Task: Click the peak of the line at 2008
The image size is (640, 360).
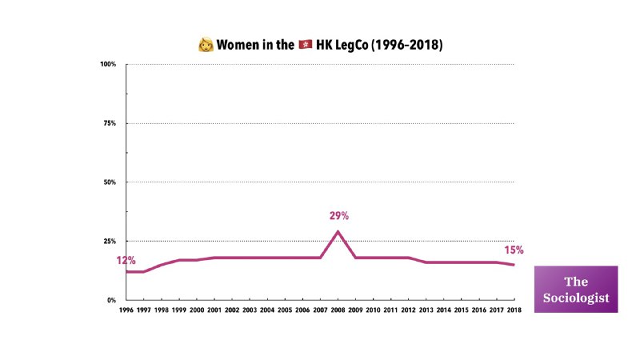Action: (338, 231)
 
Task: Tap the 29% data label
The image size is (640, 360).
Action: (339, 215)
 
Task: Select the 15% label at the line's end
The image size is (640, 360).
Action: (514, 250)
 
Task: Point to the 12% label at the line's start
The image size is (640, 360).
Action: (126, 261)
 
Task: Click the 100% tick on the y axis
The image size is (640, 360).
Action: (109, 64)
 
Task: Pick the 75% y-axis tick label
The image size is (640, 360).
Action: (110, 123)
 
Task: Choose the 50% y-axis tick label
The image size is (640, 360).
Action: (110, 182)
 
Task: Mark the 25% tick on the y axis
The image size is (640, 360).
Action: (110, 241)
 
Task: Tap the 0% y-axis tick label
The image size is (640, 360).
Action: (112, 300)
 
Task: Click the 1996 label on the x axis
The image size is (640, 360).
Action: (126, 310)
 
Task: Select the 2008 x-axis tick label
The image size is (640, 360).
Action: (337, 310)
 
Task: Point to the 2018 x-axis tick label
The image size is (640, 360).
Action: (513, 310)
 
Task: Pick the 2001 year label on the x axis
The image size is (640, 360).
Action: (214, 310)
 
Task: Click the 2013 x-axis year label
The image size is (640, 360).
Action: (425, 310)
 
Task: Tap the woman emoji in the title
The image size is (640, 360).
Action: (205, 45)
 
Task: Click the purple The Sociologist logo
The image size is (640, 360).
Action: (576, 289)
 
